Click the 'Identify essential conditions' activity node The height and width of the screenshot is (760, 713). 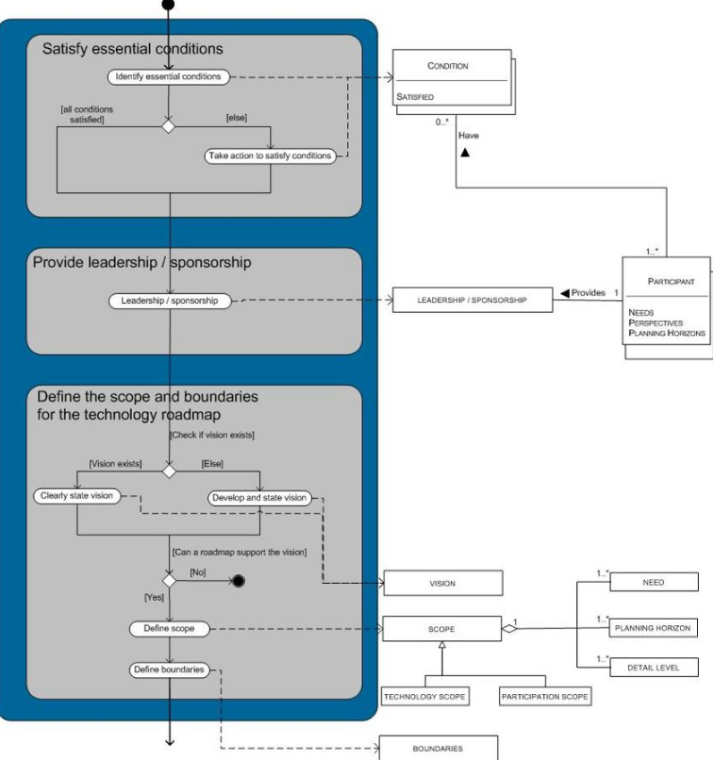click(x=169, y=76)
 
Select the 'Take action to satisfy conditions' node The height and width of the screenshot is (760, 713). click(x=270, y=156)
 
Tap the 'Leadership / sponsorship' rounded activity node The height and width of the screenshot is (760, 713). click(x=169, y=301)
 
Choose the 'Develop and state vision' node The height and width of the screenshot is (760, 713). click(x=259, y=497)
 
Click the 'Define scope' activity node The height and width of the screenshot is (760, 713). click(x=169, y=628)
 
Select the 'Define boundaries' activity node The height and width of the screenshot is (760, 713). click(x=169, y=669)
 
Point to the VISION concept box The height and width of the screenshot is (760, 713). click(x=442, y=584)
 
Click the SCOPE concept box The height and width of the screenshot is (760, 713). click(x=440, y=627)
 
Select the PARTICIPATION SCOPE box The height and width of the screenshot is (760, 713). click(x=544, y=697)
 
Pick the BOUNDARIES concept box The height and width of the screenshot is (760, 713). click(x=438, y=747)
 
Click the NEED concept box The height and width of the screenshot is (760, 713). click(x=653, y=583)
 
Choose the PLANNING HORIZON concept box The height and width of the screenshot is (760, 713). click(x=653, y=627)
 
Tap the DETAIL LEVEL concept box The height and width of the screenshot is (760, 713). click(x=653, y=668)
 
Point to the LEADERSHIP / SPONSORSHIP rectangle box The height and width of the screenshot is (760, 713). click(x=472, y=301)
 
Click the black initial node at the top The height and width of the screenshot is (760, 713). click(x=169, y=5)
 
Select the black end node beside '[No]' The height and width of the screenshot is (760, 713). click(x=239, y=581)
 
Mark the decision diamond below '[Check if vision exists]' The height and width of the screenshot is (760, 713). click(x=169, y=470)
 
